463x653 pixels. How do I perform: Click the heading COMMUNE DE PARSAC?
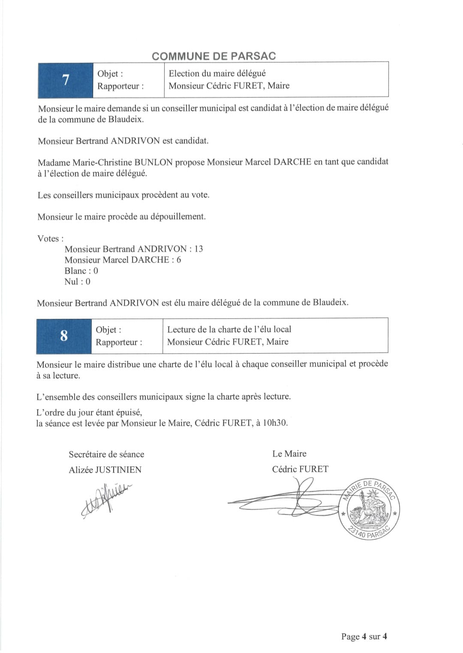click(213, 56)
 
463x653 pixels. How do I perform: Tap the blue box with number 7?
click(66, 80)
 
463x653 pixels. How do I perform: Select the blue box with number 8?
click(64, 336)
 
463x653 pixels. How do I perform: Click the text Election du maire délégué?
click(217, 73)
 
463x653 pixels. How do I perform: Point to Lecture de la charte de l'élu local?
click(229, 329)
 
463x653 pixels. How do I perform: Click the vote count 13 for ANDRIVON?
click(198, 249)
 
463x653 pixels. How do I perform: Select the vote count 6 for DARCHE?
click(179, 260)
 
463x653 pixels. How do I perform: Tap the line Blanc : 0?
click(81, 271)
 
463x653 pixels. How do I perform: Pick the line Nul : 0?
click(77, 281)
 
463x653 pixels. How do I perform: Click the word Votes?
click(48, 239)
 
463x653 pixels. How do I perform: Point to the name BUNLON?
click(153, 162)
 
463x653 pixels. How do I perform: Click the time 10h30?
click(274, 423)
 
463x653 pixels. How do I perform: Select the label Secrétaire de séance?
click(106, 454)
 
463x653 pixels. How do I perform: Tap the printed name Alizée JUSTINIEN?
click(105, 469)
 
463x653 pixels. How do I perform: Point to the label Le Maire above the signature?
click(289, 453)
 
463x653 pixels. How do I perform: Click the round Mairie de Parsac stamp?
click(369, 509)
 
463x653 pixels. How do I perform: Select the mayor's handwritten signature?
click(292, 500)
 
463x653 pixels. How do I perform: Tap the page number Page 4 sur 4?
click(364, 636)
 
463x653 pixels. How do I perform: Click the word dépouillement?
click(176, 217)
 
